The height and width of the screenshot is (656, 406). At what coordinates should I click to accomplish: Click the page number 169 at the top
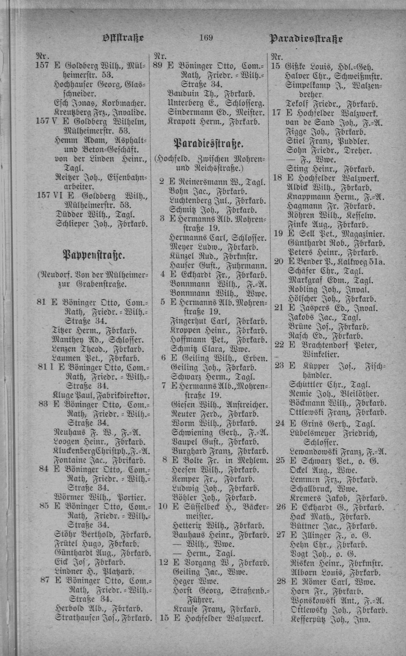click(205, 37)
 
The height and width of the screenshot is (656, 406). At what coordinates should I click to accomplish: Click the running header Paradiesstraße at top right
click(306, 39)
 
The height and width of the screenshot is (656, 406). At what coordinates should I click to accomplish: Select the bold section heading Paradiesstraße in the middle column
click(209, 143)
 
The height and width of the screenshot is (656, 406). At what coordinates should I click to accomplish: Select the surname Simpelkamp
click(308, 85)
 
